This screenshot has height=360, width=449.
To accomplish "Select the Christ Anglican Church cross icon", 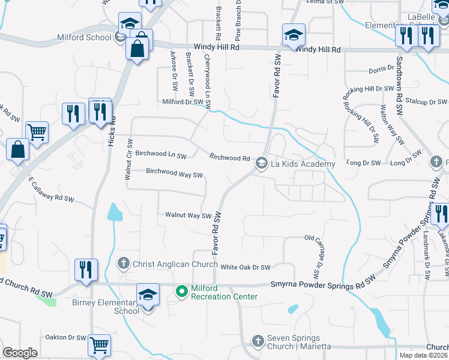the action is point(123,263).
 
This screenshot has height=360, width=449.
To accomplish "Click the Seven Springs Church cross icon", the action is point(258,341).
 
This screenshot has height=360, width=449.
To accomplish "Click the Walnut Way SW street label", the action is point(188,215).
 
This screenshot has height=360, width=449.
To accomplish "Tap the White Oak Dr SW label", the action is point(246,268).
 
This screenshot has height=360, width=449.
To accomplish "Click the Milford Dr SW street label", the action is point(183,102).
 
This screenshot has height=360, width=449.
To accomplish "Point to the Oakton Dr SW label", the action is point(64,338).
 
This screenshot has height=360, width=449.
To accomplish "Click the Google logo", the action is point(20,352).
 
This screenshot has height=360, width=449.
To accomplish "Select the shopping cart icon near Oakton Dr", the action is point(100,344).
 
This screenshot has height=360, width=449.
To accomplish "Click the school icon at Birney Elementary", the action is point(148,294).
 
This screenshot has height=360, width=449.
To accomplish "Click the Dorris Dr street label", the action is point(381,70).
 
